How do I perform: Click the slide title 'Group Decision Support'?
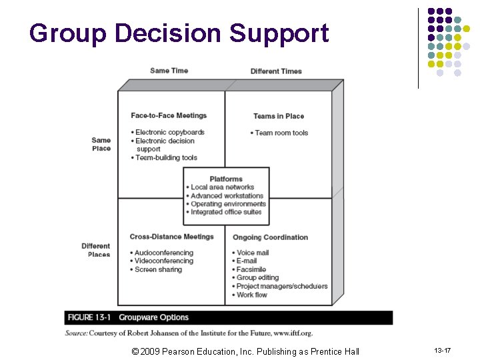pyautogui.click(x=179, y=33)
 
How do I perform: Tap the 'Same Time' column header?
pyautogui.click(x=169, y=71)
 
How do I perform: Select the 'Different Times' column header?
pyautogui.click(x=276, y=71)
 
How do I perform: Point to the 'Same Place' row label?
pyautogui.click(x=101, y=144)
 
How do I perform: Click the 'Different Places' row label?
pyautogui.click(x=96, y=250)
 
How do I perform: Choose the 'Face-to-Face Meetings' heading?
pyautogui.click(x=169, y=115)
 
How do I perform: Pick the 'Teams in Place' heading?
pyautogui.click(x=278, y=116)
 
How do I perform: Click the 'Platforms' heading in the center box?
pyautogui.click(x=226, y=179)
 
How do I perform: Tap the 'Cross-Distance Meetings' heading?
pyautogui.click(x=171, y=237)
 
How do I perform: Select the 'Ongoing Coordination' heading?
pyautogui.click(x=270, y=237)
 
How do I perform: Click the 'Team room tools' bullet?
pyautogui.click(x=281, y=133)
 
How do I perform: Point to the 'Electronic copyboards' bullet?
pyautogui.click(x=169, y=132)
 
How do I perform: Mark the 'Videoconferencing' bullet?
pyautogui.click(x=163, y=261)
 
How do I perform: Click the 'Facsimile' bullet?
pyautogui.click(x=251, y=269)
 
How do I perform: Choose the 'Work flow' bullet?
pyautogui.click(x=251, y=295)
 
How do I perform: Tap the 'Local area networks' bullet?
pyautogui.click(x=222, y=187)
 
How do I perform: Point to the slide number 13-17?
pyautogui.click(x=443, y=351)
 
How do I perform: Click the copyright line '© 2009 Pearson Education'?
pyautogui.click(x=245, y=351)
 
